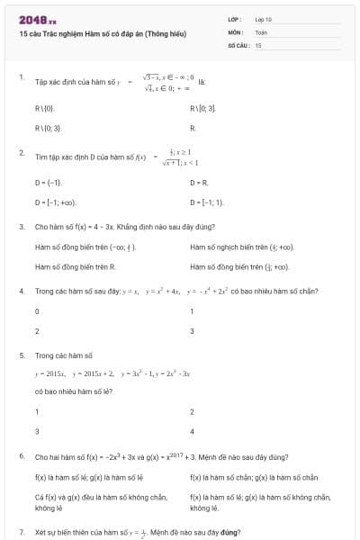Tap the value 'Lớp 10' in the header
pos(264,19)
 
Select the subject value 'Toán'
pos(261,31)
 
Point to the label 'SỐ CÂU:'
pos(238,44)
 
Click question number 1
pos(21,77)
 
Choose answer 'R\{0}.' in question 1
pos(45,108)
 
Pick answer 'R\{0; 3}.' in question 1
pos(49,129)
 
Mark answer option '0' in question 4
pos(37,310)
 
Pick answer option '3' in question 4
pos(192,331)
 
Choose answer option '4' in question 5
pos(192,431)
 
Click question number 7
pos(21,533)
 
